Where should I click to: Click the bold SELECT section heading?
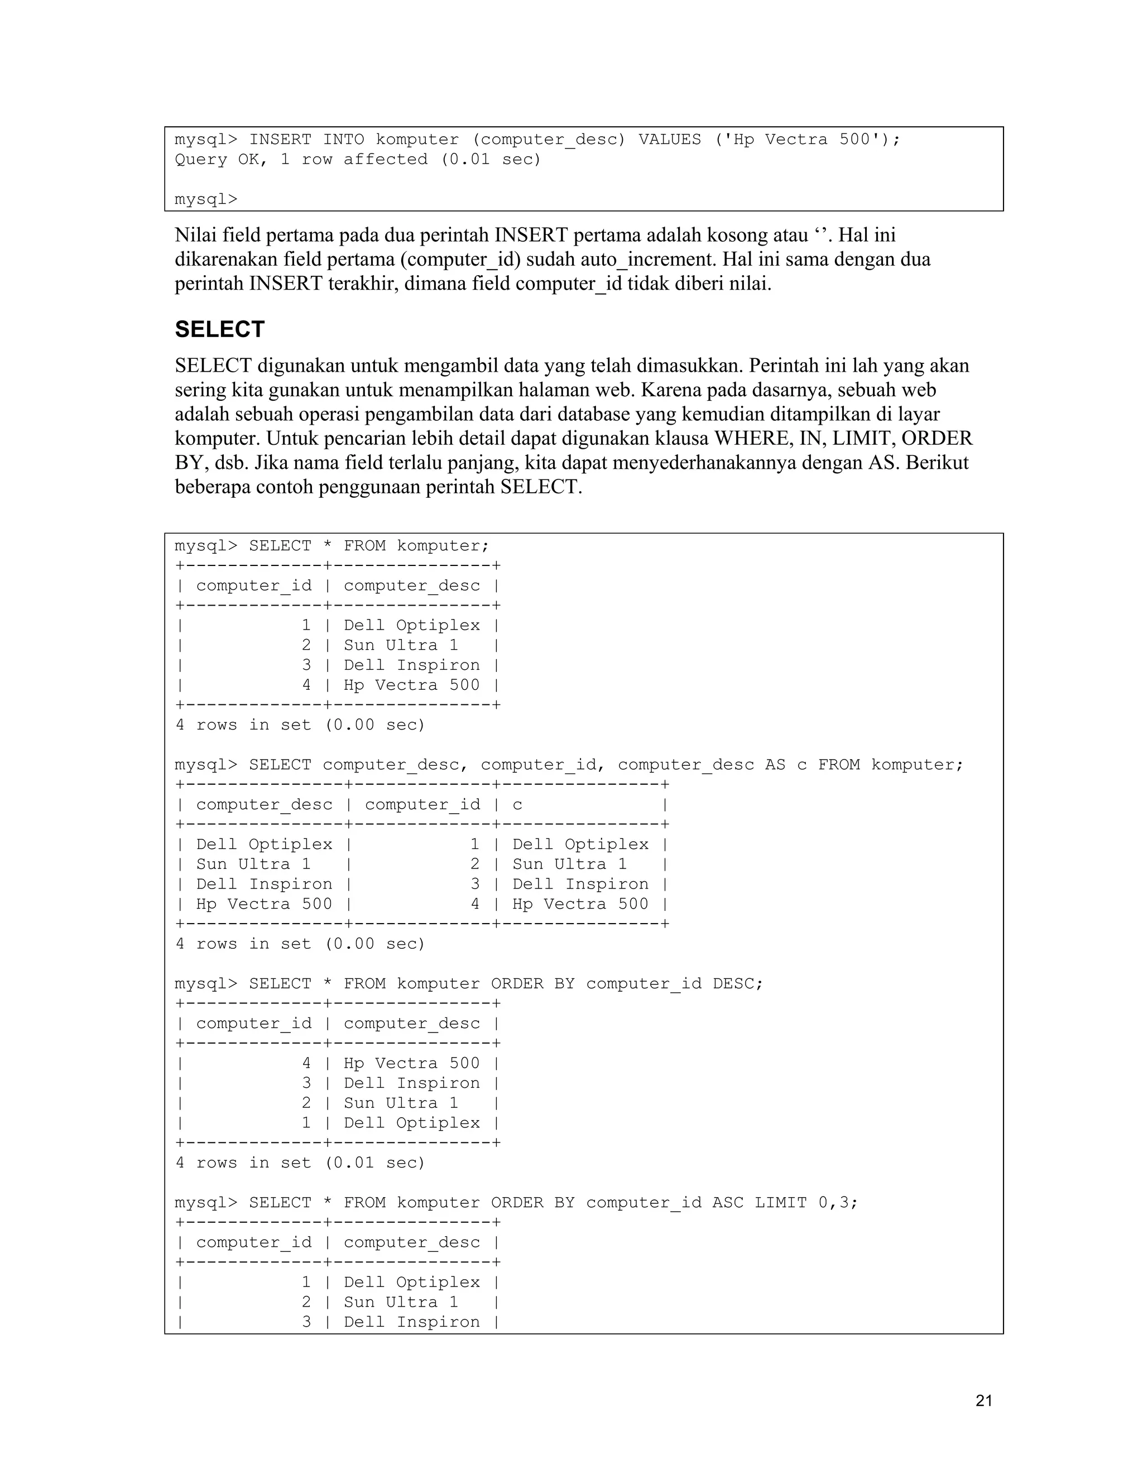click(x=219, y=330)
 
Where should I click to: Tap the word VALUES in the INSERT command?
click(x=669, y=140)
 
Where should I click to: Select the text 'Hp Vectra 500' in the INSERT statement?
click(x=802, y=140)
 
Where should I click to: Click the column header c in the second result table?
click(x=517, y=804)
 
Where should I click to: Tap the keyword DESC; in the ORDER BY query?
click(x=737, y=983)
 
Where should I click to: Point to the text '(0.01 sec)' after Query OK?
click(x=491, y=160)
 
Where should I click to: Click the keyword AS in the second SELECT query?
click(x=775, y=765)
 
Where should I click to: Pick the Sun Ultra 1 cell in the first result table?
click(x=401, y=645)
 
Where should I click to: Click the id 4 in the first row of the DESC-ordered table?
click(x=306, y=1063)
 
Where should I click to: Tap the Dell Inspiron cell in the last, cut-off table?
click(x=411, y=1321)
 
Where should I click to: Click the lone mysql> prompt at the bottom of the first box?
click(x=206, y=200)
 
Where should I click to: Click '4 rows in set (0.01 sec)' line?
click(x=300, y=1163)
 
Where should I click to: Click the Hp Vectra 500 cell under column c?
click(x=580, y=904)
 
